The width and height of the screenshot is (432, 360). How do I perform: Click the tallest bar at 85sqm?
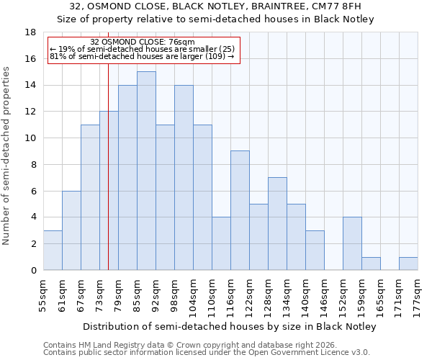(146, 171)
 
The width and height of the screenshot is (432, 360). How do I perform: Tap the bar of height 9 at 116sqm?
(240, 210)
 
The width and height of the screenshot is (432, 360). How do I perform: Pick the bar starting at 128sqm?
(277, 223)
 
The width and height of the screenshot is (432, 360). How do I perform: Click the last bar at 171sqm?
(408, 264)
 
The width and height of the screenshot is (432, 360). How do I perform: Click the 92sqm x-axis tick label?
(156, 294)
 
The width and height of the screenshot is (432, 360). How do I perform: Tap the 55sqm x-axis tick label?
(43, 294)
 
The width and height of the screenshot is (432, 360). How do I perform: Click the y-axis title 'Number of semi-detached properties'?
(6, 156)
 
